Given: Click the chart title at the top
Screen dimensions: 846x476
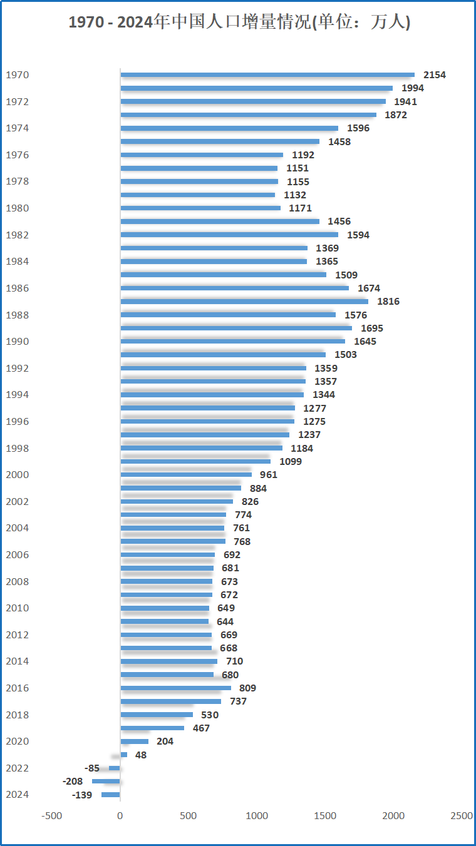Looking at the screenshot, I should pyautogui.click(x=239, y=23).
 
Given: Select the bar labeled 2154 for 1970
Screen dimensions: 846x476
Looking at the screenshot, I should pyautogui.click(x=267, y=75).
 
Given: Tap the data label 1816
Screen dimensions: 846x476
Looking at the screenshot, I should pyautogui.click(x=388, y=302).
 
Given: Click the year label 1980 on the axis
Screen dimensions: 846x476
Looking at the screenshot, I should pyautogui.click(x=17, y=208).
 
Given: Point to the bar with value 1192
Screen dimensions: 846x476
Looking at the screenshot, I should pyautogui.click(x=202, y=155).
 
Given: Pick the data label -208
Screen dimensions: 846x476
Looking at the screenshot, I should pyautogui.click(x=73, y=782).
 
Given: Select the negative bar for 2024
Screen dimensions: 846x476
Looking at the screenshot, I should pyautogui.click(x=111, y=795).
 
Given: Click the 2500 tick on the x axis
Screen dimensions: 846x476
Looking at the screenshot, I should pyautogui.click(x=462, y=816).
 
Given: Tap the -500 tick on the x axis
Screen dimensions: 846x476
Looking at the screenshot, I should pyautogui.click(x=52, y=816).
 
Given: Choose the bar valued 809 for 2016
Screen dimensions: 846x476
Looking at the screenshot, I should pyautogui.click(x=176, y=688).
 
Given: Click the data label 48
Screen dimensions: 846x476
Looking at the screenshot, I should pyautogui.click(x=141, y=755).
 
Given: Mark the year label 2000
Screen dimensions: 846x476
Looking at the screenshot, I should pyautogui.click(x=17, y=475).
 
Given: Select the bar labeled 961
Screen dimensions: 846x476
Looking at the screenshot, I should pyautogui.click(x=186, y=475).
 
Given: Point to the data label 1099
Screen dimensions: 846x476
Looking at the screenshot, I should pyautogui.click(x=291, y=462).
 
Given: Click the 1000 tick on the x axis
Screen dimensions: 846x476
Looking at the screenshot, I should pyautogui.click(x=257, y=816).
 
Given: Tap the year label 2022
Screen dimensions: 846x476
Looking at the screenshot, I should pyautogui.click(x=17, y=768).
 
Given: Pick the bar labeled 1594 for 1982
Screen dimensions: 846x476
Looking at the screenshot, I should pyautogui.click(x=229, y=235).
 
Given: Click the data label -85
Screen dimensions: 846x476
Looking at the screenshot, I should pyautogui.click(x=92, y=768).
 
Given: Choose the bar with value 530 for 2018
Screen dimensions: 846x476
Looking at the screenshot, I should pyautogui.click(x=157, y=715).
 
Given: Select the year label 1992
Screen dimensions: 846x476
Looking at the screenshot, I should pyautogui.click(x=17, y=369).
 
